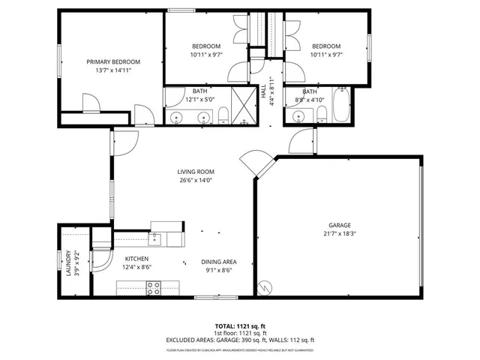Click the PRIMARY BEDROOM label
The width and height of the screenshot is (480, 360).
coord(113,61)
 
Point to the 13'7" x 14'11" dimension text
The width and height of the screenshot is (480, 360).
coord(113,70)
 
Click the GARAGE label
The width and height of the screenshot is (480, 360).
coord(339,225)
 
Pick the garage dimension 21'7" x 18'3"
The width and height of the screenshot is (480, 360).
coord(339,234)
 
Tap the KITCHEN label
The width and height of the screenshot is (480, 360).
coord(136,259)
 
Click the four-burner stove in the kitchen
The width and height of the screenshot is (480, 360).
coord(154,287)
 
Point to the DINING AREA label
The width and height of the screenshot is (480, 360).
coord(219,262)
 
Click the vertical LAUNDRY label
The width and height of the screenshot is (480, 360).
coord(68,263)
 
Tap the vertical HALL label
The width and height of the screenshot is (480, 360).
coord(263,89)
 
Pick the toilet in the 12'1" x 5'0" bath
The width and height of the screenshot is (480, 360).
coord(223,115)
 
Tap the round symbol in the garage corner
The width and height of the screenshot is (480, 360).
coord(264,286)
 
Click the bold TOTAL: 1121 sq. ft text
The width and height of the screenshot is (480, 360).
coord(239,326)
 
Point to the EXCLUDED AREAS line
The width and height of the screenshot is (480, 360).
coord(239,340)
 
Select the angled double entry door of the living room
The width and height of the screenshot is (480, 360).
coord(253,166)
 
